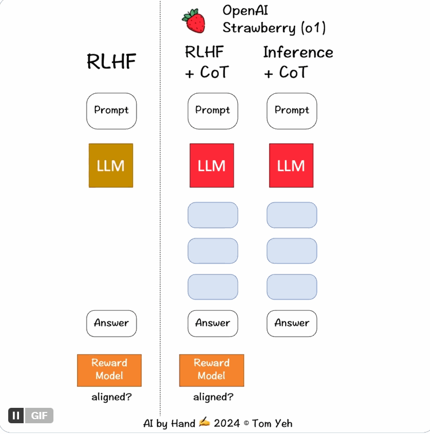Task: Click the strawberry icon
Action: (194, 21)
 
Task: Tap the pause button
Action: (16, 416)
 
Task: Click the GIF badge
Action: (39, 416)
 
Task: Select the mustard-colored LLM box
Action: (111, 166)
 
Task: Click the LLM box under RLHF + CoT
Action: (212, 166)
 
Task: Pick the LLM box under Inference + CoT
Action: (291, 166)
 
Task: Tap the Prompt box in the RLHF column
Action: (111, 111)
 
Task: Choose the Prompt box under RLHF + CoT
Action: (213, 111)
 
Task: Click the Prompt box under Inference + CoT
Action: (292, 111)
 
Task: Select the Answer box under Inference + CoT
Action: (292, 323)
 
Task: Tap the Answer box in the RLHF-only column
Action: (111, 323)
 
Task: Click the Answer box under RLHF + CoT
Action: (213, 323)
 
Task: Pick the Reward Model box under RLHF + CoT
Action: (212, 370)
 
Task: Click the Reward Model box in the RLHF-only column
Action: (109, 370)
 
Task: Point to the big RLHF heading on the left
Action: (111, 62)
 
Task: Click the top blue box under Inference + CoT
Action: (292, 215)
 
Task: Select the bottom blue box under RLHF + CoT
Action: (213, 287)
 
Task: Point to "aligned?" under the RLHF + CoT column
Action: (213, 397)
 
